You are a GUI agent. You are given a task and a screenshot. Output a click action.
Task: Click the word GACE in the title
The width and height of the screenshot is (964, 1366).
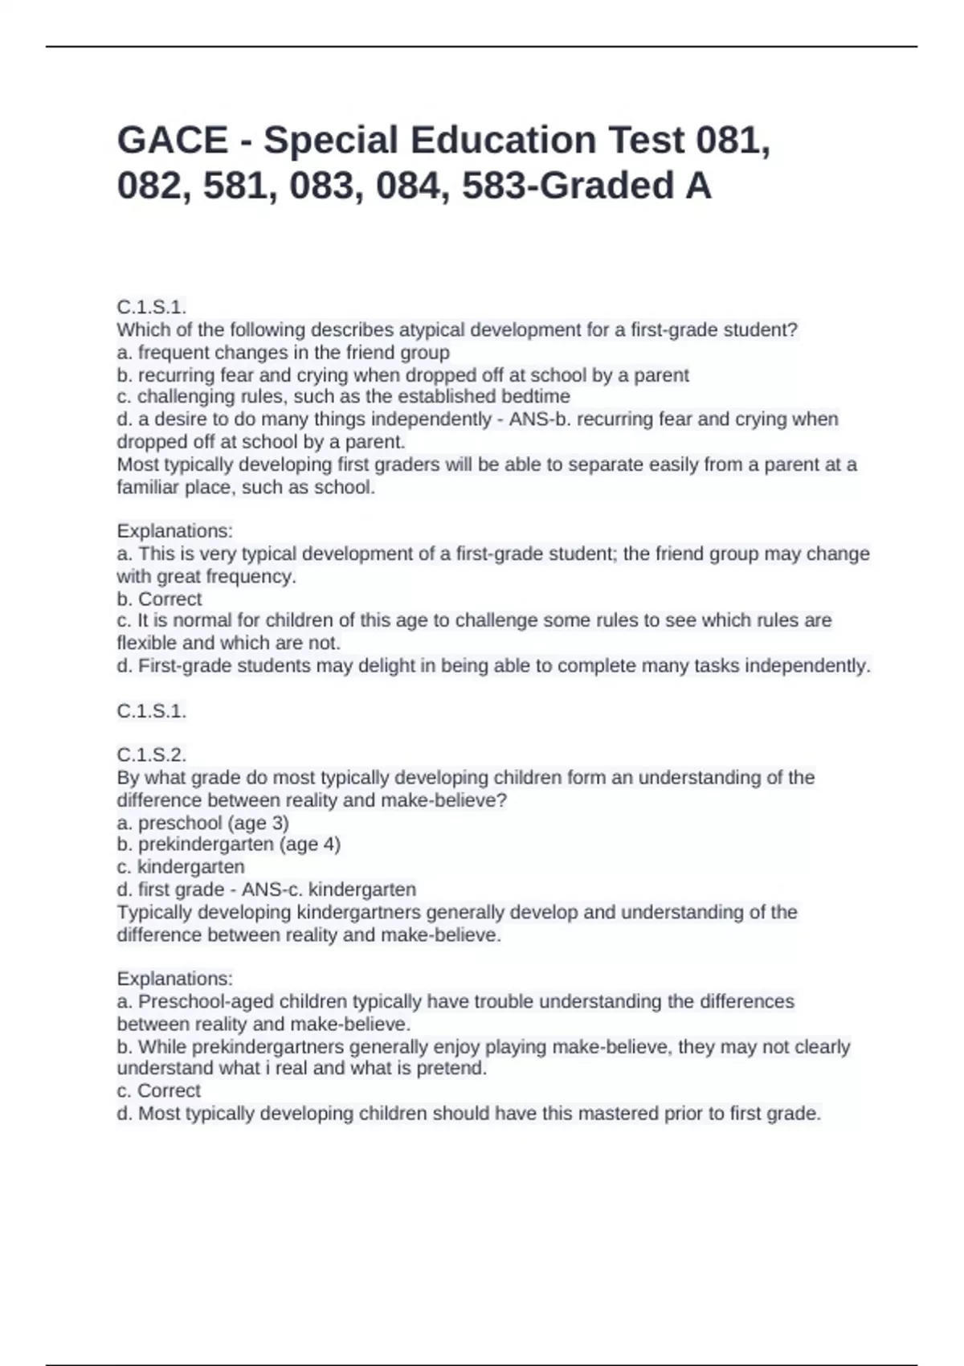(x=173, y=140)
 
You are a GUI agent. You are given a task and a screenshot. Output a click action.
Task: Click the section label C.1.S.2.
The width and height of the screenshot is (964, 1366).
(x=152, y=755)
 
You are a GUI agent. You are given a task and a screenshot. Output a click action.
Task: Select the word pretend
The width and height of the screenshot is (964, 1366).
(x=451, y=1068)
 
